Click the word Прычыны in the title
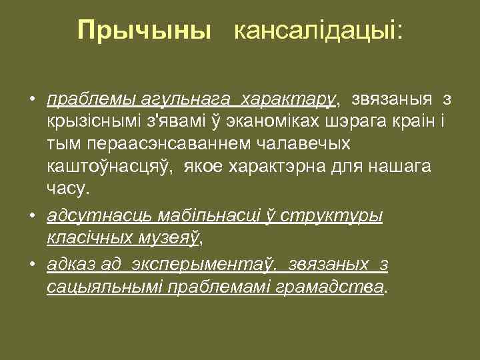coord(143,31)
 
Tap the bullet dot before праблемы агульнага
coord(31,101)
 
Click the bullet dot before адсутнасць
coord(31,217)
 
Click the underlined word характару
coord(290,101)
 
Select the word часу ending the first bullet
coord(66,189)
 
